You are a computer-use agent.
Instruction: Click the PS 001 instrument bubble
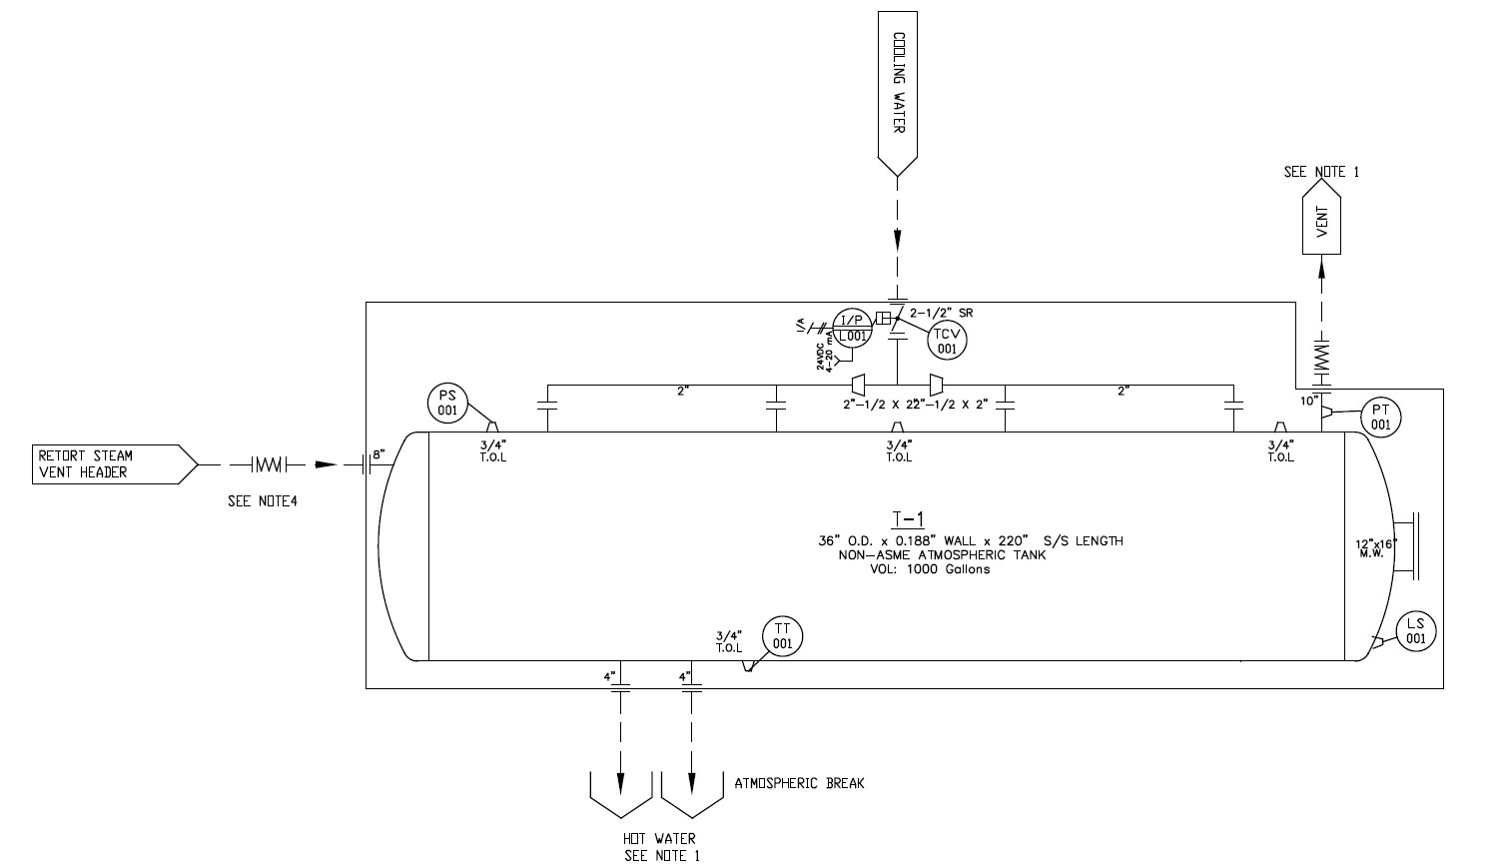[x=447, y=403]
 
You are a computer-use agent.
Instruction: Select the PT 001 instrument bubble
[x=1380, y=418]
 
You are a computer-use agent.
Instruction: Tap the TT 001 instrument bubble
[x=782, y=636]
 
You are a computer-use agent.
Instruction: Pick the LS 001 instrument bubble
[x=1415, y=631]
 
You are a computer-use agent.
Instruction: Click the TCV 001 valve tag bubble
[x=946, y=342]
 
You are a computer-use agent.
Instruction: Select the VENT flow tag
[x=1321, y=220]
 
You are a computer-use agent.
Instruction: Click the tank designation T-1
[x=909, y=518]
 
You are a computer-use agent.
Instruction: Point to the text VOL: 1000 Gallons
[x=930, y=569]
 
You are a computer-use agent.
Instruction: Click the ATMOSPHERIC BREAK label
[x=799, y=783]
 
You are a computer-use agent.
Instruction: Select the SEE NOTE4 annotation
[x=263, y=501]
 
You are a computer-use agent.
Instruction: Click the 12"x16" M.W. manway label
[x=1375, y=548]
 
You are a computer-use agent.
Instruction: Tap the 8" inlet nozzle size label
[x=378, y=454]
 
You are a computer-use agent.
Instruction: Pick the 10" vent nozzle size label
[x=1307, y=401]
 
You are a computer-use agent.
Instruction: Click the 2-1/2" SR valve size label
[x=941, y=313]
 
